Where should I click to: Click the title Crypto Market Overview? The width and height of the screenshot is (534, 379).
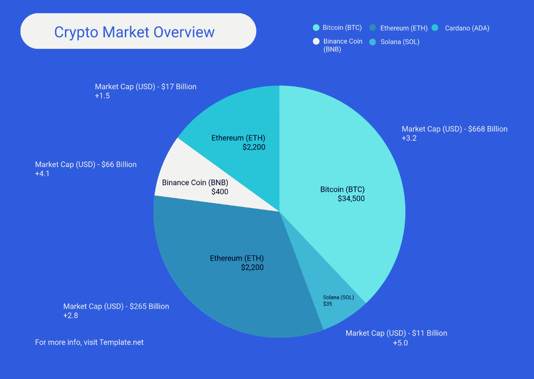click(134, 32)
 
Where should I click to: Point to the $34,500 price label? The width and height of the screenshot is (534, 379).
click(351, 199)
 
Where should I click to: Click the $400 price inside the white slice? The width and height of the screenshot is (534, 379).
click(220, 192)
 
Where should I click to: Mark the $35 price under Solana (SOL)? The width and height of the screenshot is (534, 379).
click(328, 304)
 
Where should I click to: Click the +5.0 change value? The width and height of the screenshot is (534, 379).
click(400, 343)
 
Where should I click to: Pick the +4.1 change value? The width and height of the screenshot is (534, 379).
click(42, 174)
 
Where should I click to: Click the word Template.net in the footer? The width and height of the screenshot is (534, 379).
click(121, 342)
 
